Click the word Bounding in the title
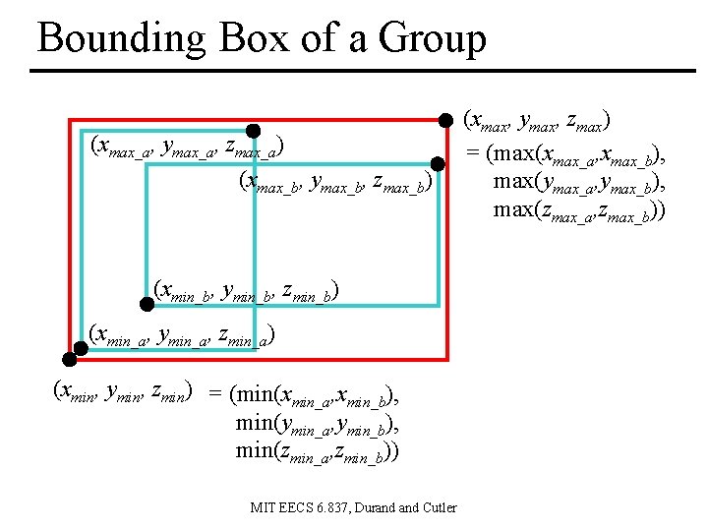[x=121, y=39]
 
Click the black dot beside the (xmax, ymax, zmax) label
[x=444, y=120]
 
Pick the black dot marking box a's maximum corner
[x=253, y=131]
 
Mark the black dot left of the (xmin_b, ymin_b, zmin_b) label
[x=147, y=291]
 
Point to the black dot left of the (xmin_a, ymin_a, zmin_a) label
[x=82, y=346]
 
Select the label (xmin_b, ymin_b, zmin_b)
[x=247, y=291]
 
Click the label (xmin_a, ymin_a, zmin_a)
[x=181, y=335]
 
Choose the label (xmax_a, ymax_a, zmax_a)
[x=187, y=148]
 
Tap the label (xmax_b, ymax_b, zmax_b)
[x=335, y=182]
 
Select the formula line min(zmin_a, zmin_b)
[x=318, y=451]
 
